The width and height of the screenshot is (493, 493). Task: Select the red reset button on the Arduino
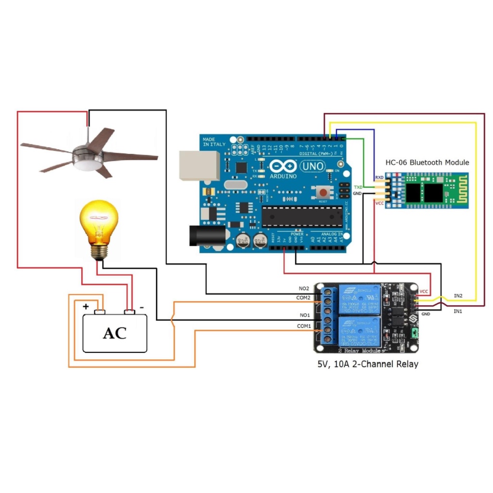click(x=322, y=193)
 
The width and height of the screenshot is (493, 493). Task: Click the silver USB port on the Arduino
click(x=199, y=165)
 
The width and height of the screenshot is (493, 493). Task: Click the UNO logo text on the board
click(x=312, y=167)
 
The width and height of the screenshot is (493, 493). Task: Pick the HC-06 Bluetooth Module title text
click(x=427, y=162)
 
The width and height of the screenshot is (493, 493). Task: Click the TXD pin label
click(x=358, y=187)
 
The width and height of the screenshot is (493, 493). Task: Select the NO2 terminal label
click(x=304, y=288)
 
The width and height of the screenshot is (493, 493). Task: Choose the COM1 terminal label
click(x=304, y=326)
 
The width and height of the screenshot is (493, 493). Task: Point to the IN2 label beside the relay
click(x=458, y=295)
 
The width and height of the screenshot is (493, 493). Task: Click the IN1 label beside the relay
click(x=458, y=311)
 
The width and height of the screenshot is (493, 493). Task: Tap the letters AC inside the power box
click(x=115, y=333)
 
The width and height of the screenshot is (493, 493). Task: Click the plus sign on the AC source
click(x=86, y=306)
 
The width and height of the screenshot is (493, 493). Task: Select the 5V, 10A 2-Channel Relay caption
click(x=367, y=364)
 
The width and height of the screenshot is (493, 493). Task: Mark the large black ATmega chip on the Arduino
click(x=302, y=216)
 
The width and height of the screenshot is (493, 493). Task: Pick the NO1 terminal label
click(x=304, y=315)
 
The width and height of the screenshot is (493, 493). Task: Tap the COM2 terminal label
click(x=304, y=298)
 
